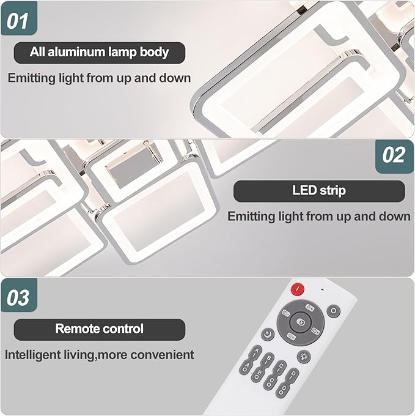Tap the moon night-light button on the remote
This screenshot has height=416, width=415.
click(268, 334)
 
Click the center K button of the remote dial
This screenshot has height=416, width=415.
click(301, 322)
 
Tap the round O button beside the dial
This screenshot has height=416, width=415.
click(334, 311)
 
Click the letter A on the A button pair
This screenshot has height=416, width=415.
click(255, 352)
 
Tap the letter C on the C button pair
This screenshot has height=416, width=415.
click(281, 366)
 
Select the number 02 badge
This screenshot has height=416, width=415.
click(394, 156)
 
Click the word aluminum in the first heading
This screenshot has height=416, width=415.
click(77, 52)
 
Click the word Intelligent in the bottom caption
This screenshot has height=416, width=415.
click(33, 355)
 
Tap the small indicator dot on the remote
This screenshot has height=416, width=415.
click(322, 289)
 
